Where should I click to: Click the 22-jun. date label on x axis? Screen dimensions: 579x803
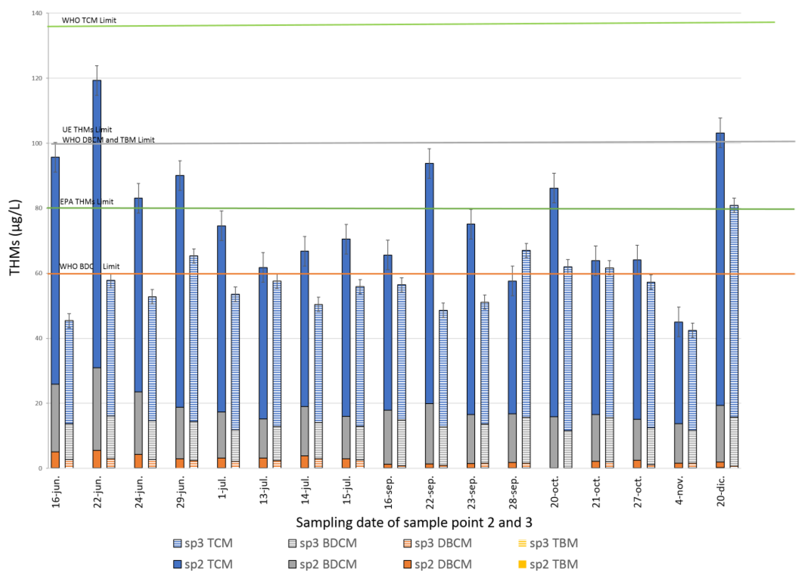[97, 492]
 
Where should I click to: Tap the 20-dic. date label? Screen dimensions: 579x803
[721, 491]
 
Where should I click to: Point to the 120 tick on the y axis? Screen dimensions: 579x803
[37, 78]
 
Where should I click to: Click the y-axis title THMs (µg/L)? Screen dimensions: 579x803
[15, 237]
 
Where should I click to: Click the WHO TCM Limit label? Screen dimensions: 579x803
[89, 20]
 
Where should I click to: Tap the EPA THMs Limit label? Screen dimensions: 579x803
[86, 202]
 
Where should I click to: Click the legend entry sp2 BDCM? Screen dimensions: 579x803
[323, 564]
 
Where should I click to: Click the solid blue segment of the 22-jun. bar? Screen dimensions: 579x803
[97, 223]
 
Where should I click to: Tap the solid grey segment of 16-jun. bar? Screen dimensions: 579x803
[55, 418]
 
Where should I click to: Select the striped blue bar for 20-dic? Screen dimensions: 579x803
[734, 312]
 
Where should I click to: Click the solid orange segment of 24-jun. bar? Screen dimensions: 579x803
[138, 461]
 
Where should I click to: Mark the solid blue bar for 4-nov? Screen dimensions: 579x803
[678, 372]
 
